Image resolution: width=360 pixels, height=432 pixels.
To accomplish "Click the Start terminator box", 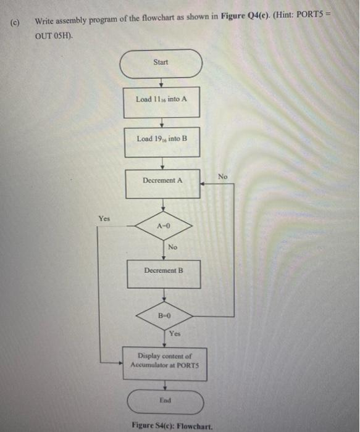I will (x=161, y=63).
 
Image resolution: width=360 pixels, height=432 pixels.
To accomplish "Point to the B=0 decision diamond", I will (x=164, y=315).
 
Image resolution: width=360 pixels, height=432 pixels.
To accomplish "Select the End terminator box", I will (x=165, y=402).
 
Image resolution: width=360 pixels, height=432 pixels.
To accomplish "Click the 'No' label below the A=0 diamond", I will (x=172, y=247).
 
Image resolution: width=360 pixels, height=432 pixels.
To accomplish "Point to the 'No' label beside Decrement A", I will (x=223, y=177).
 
